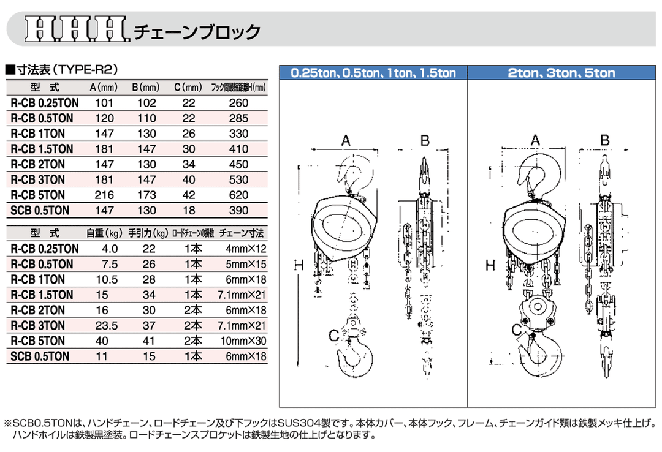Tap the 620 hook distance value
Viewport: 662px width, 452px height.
237,195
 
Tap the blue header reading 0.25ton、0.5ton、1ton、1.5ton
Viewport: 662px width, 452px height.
373,73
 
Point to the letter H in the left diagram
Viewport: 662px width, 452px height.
299,265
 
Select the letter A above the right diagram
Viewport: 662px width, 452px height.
536,140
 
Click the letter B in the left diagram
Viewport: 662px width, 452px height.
424,140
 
